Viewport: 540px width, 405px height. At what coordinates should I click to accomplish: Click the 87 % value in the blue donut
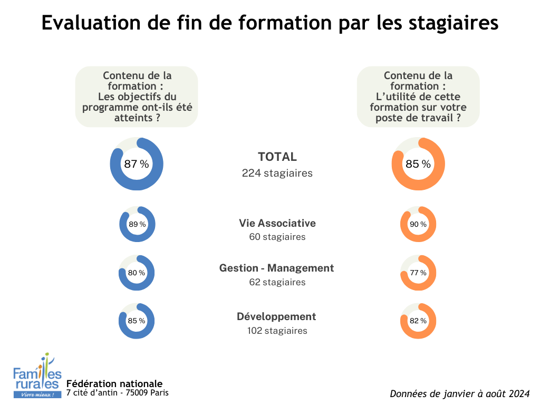point(137,164)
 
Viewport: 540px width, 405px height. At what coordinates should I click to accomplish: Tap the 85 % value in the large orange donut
point(418,164)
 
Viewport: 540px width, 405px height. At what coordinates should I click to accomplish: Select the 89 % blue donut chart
point(137,224)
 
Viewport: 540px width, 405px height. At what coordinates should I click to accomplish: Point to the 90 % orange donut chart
point(418,224)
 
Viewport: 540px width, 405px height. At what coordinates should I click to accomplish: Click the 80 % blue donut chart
point(137,273)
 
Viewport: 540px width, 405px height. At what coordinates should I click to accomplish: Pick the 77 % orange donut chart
point(418,273)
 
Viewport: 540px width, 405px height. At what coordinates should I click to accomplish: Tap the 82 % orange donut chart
point(418,321)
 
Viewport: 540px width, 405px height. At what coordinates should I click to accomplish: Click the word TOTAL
point(277,157)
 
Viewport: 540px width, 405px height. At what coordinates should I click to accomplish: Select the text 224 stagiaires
point(277,173)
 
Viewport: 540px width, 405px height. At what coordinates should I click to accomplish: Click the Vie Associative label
point(277,223)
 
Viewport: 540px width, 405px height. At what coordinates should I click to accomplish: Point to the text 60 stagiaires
point(277,237)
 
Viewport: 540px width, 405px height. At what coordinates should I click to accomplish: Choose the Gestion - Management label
point(277,268)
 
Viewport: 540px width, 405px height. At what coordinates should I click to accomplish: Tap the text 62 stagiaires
point(277,282)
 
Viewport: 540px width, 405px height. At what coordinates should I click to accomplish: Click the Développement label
point(276,316)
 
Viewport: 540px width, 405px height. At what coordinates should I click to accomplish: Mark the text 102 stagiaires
point(277,331)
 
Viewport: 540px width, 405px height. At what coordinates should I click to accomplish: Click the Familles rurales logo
point(37,376)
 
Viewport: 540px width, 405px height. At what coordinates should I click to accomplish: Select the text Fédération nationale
point(114,383)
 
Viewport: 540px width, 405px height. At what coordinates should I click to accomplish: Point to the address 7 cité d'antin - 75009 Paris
point(118,393)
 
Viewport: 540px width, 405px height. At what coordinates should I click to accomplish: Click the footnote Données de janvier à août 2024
point(459,393)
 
